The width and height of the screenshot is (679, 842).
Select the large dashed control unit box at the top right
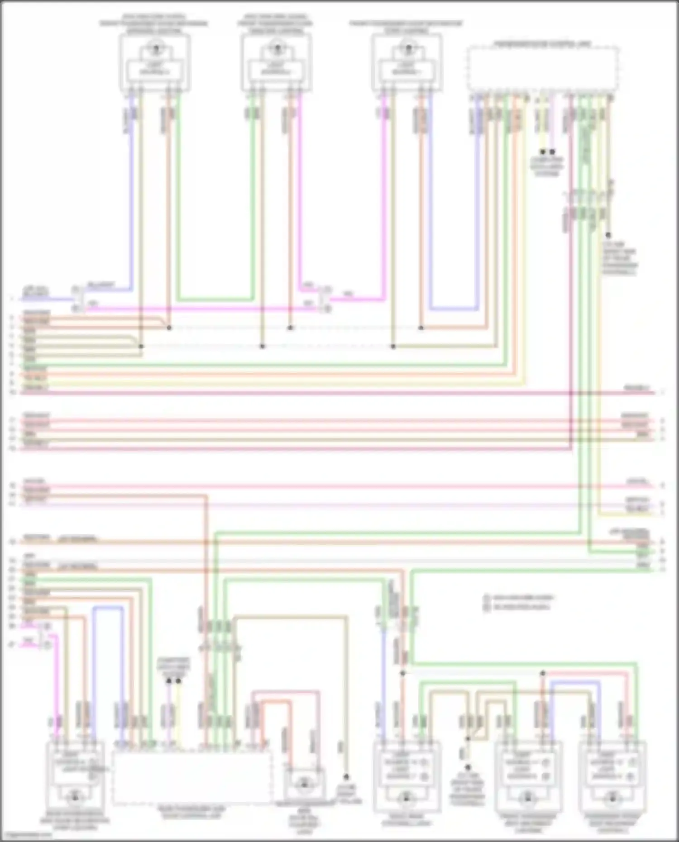point(543,68)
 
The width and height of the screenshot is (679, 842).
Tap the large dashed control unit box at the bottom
point(192,776)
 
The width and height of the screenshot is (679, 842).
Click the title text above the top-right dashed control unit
point(543,44)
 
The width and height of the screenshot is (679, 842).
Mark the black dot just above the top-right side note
point(608,235)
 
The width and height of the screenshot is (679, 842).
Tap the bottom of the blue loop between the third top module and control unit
point(453,310)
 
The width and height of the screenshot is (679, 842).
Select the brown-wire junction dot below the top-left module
point(141,347)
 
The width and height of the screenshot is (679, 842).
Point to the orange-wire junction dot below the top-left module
point(169,328)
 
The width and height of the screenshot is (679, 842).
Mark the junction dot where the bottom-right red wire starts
point(542,673)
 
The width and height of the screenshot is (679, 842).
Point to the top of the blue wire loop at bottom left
point(108,607)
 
